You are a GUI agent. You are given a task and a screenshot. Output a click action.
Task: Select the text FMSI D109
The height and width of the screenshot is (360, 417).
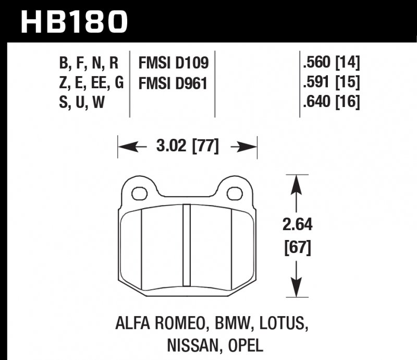pos(174,64)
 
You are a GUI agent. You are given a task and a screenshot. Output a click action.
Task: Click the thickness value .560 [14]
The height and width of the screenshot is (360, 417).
pos(330,64)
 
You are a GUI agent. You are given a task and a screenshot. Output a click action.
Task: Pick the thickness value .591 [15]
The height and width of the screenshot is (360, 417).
pos(330,83)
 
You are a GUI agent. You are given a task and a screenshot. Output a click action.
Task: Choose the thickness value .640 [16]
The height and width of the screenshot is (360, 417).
pos(330,102)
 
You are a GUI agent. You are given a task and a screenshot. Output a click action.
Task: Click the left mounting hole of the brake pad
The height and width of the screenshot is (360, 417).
pos(138,194)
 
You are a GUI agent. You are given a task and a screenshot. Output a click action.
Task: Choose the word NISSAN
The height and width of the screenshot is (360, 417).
pos(188,345)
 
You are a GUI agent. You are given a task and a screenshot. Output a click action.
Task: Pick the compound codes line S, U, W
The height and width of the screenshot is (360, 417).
pos(82,102)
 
